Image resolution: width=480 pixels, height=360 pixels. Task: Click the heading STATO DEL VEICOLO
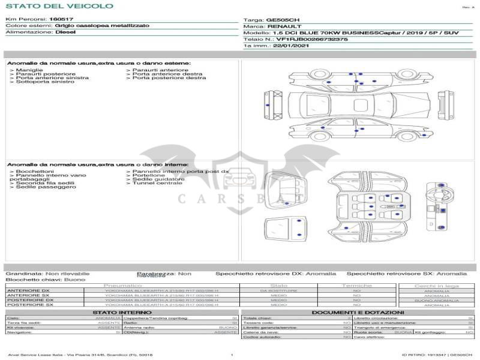tap(59, 6)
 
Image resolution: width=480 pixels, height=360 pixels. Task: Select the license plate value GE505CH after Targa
tap(283, 20)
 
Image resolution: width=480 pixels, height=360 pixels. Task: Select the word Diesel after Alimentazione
tap(65, 32)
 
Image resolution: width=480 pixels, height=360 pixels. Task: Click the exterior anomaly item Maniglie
tap(29, 70)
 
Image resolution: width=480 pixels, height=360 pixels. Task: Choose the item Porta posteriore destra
tap(169, 78)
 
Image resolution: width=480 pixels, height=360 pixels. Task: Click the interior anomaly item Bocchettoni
tap(35, 172)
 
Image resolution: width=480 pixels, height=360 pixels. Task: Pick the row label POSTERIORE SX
tap(30, 305)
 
